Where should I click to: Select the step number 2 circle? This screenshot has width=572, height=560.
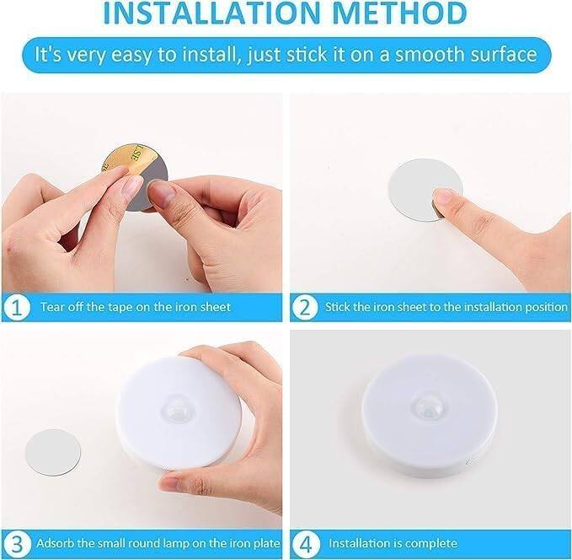point(304,307)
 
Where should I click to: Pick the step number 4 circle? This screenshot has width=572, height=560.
point(304,542)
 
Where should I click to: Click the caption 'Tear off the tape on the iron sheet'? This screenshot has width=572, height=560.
point(136,307)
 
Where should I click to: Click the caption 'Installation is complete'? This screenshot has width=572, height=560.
point(393,542)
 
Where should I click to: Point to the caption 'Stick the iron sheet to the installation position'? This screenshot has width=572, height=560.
point(446,307)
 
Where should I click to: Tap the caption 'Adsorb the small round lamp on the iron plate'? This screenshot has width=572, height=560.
point(155,542)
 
